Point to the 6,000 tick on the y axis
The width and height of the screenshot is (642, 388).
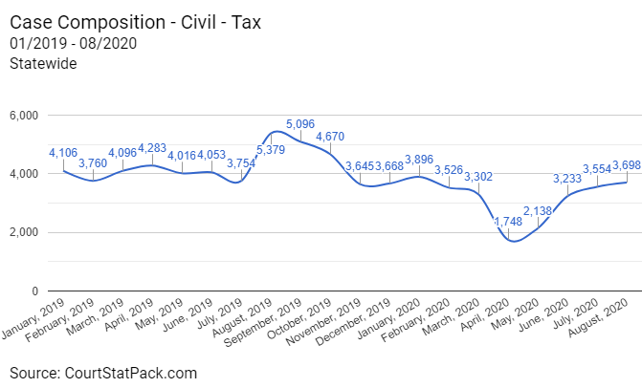[x=21, y=116]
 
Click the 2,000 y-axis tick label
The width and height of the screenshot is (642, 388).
[x=21, y=232]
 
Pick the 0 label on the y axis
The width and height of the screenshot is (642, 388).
[x=33, y=291]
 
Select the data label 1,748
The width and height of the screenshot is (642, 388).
[x=509, y=223]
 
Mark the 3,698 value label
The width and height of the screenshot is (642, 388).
[x=628, y=165]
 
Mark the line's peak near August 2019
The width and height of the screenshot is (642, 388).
[x=277, y=131]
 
